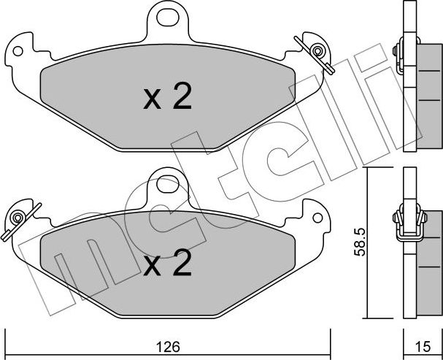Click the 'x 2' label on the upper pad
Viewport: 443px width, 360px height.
[167, 98]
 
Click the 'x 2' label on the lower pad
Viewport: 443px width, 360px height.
[167, 264]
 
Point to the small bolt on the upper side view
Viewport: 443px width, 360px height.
[396, 50]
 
